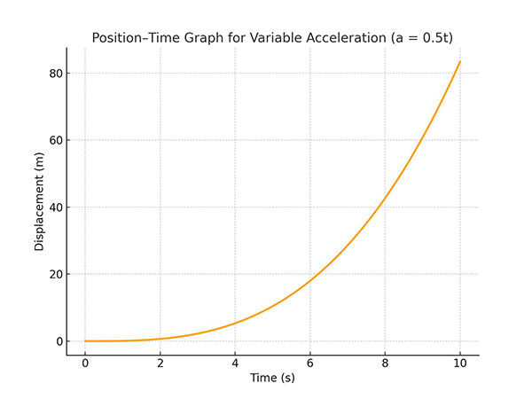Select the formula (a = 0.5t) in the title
pos(421,37)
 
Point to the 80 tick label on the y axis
pos(54,74)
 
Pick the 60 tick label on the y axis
pos(54,140)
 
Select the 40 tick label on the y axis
pos(54,207)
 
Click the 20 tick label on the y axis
pos(54,274)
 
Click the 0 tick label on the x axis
pos(85,364)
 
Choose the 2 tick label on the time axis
pos(160,364)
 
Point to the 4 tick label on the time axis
pos(235,364)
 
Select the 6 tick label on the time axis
pos(310,364)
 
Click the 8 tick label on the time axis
pos(385,364)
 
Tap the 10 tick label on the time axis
pos(460,364)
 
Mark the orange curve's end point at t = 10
pos(460,61)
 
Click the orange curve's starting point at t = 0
pos(85,340)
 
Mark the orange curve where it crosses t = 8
pos(385,198)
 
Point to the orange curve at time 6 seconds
pos(310,280)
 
